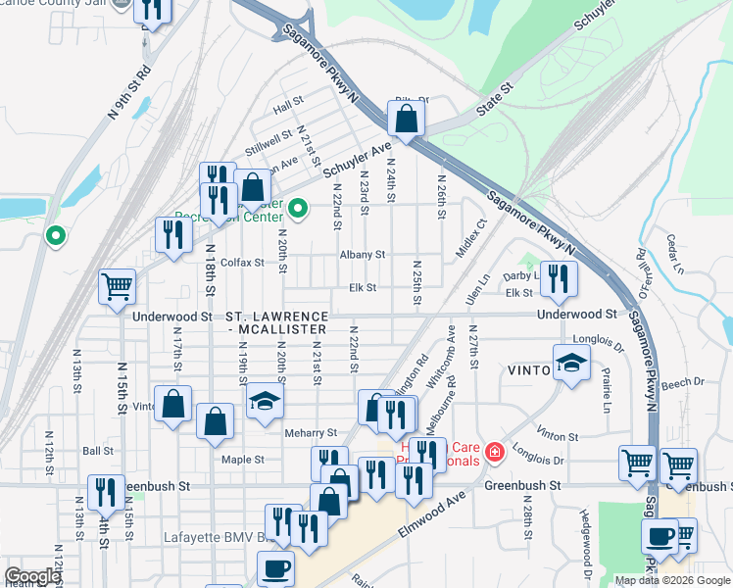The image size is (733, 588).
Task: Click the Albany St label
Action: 362,255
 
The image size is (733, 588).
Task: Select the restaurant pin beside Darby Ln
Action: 559,278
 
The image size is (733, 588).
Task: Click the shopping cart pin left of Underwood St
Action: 117,287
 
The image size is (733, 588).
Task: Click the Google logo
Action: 32,575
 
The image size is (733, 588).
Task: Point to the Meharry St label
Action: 311,432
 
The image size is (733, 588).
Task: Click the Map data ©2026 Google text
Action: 671,580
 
